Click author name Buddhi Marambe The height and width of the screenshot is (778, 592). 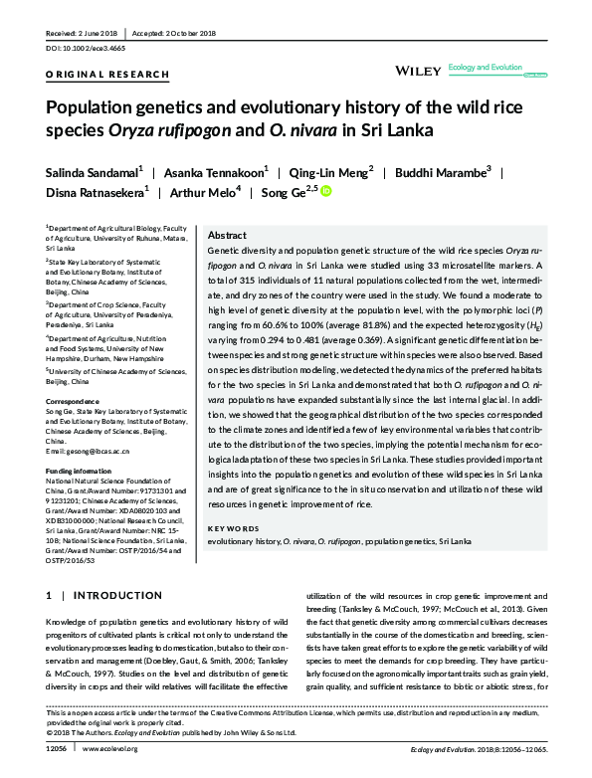pos(442,171)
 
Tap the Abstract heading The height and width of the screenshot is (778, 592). pos(228,236)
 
